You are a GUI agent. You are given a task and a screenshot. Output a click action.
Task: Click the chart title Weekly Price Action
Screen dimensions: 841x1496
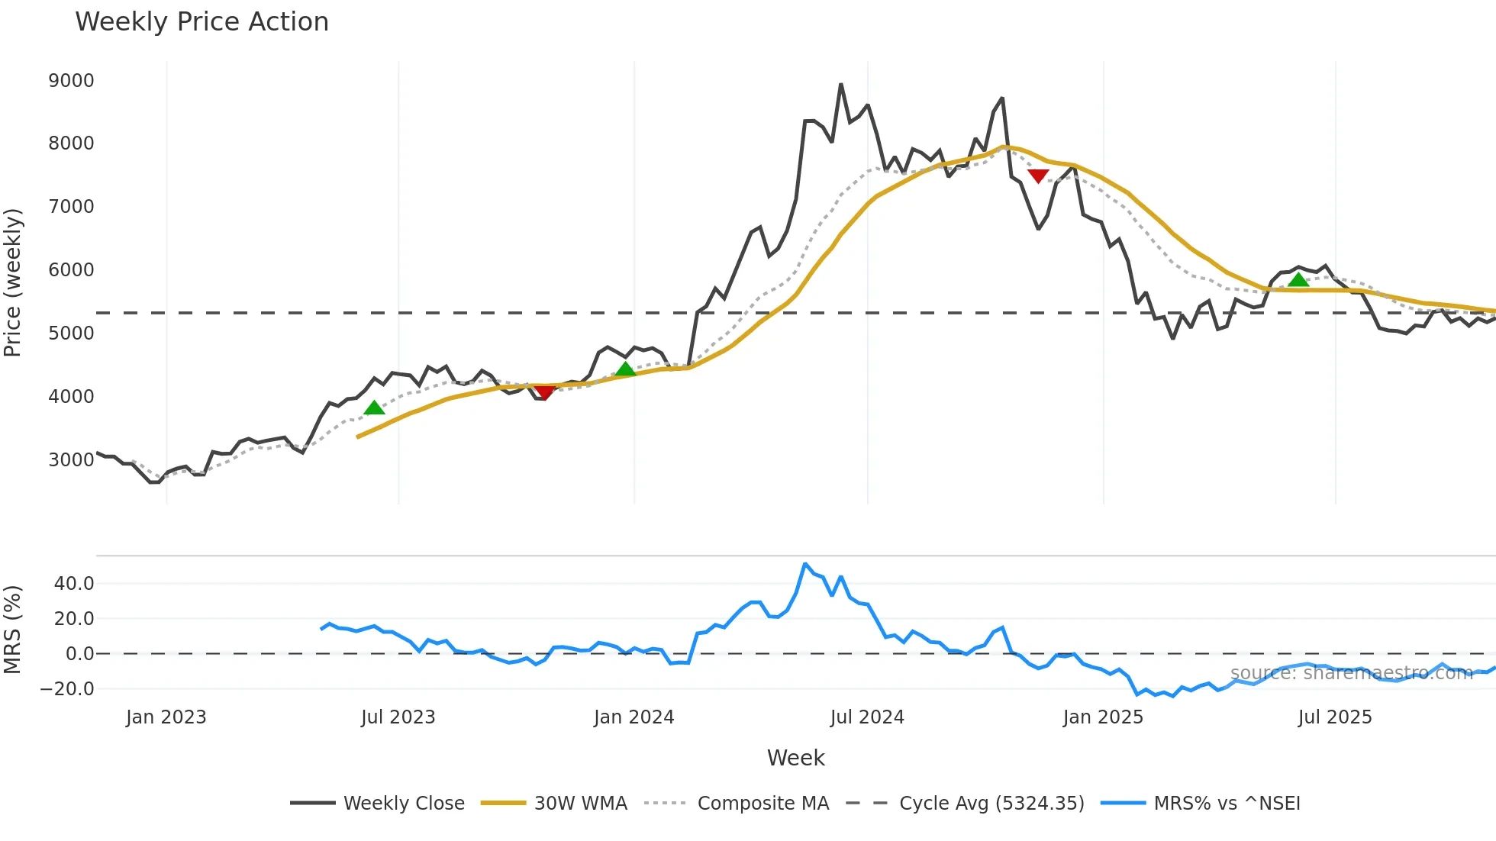(x=202, y=22)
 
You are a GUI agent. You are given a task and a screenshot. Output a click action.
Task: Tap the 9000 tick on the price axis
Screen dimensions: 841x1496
(x=71, y=81)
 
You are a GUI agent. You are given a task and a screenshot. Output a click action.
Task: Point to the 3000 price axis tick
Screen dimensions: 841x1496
(x=71, y=460)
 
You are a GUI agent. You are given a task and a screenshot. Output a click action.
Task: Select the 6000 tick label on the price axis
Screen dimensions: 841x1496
(x=71, y=270)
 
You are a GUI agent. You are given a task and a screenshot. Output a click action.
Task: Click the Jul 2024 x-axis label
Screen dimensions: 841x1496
(x=867, y=717)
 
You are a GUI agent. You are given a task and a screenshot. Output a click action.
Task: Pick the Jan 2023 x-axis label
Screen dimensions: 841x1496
(x=166, y=717)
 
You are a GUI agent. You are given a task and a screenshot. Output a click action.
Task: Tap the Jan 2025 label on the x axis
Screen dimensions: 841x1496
(x=1103, y=717)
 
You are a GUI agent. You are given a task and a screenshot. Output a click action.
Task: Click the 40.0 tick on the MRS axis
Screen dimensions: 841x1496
(x=74, y=584)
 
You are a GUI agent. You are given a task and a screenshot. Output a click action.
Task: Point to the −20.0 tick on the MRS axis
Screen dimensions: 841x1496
(x=67, y=689)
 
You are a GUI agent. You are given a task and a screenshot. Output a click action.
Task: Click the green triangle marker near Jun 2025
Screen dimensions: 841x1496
(x=1298, y=280)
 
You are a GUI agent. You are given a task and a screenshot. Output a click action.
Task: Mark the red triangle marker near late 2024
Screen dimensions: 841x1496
(x=1038, y=176)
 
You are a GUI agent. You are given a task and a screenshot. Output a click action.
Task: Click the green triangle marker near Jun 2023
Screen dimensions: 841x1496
(x=374, y=408)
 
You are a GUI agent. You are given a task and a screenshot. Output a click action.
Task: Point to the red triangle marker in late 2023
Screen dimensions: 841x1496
(x=544, y=392)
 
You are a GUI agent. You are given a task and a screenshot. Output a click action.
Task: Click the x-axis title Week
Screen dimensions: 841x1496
(x=795, y=758)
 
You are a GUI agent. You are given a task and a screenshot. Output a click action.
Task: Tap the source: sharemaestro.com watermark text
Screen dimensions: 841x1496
(x=1351, y=673)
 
